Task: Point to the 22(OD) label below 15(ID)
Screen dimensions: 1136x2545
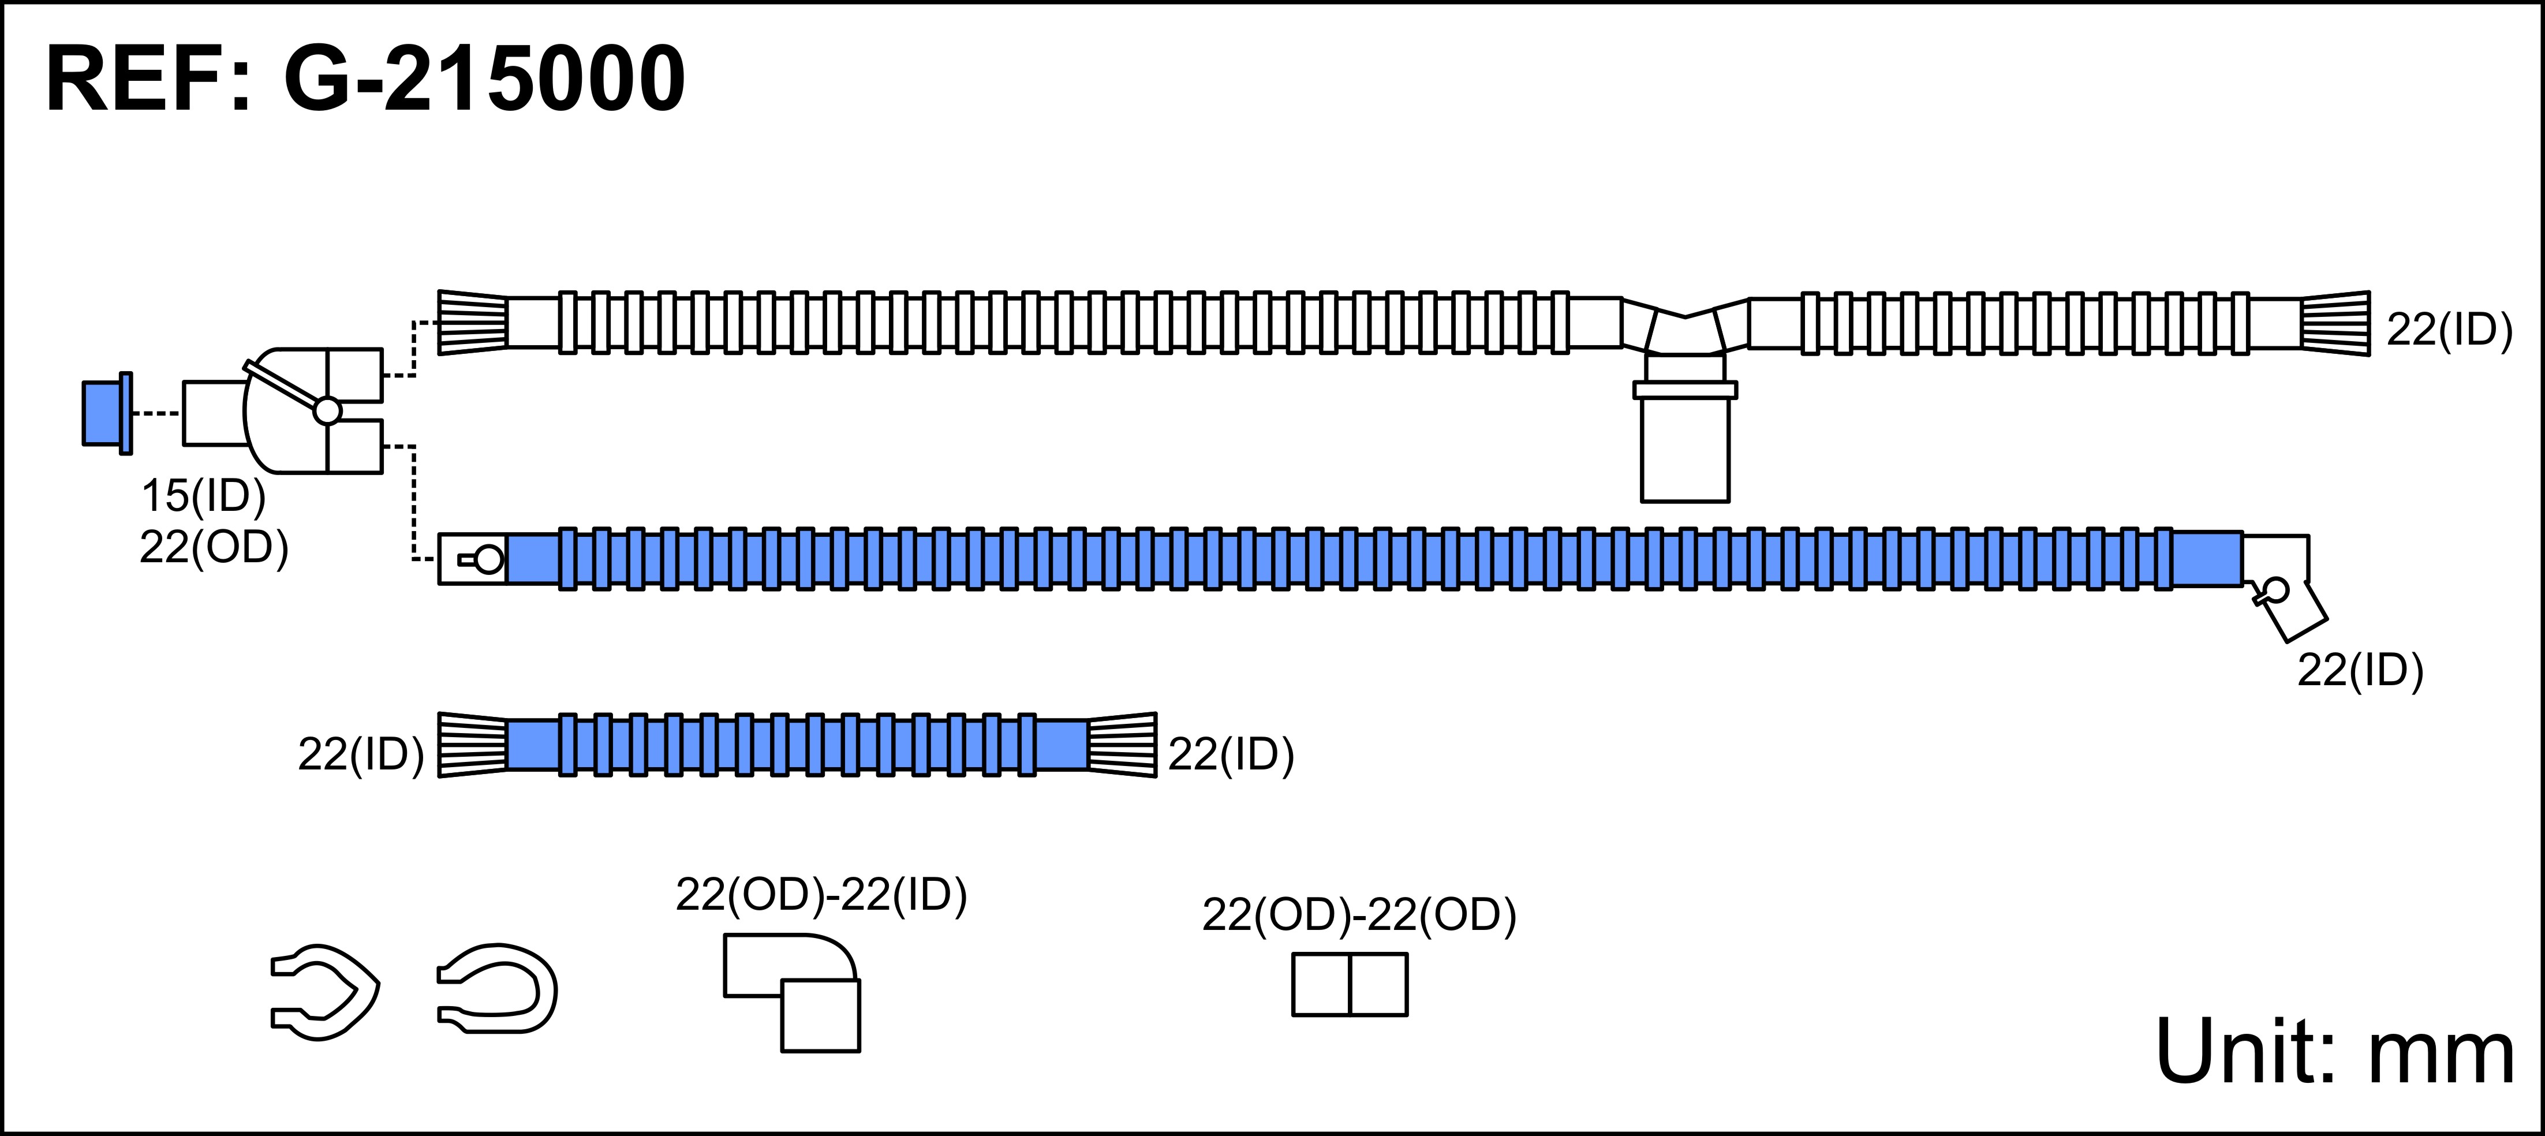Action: tap(214, 547)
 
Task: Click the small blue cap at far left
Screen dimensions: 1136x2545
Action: tap(104, 413)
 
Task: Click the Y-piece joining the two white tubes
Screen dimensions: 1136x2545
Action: tap(1684, 327)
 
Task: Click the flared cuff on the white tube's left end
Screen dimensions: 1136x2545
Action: tap(472, 322)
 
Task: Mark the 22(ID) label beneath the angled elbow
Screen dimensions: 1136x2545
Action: tap(2360, 671)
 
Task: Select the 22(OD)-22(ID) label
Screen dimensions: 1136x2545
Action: tap(821, 895)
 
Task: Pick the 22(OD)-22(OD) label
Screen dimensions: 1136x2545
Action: tap(1358, 915)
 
